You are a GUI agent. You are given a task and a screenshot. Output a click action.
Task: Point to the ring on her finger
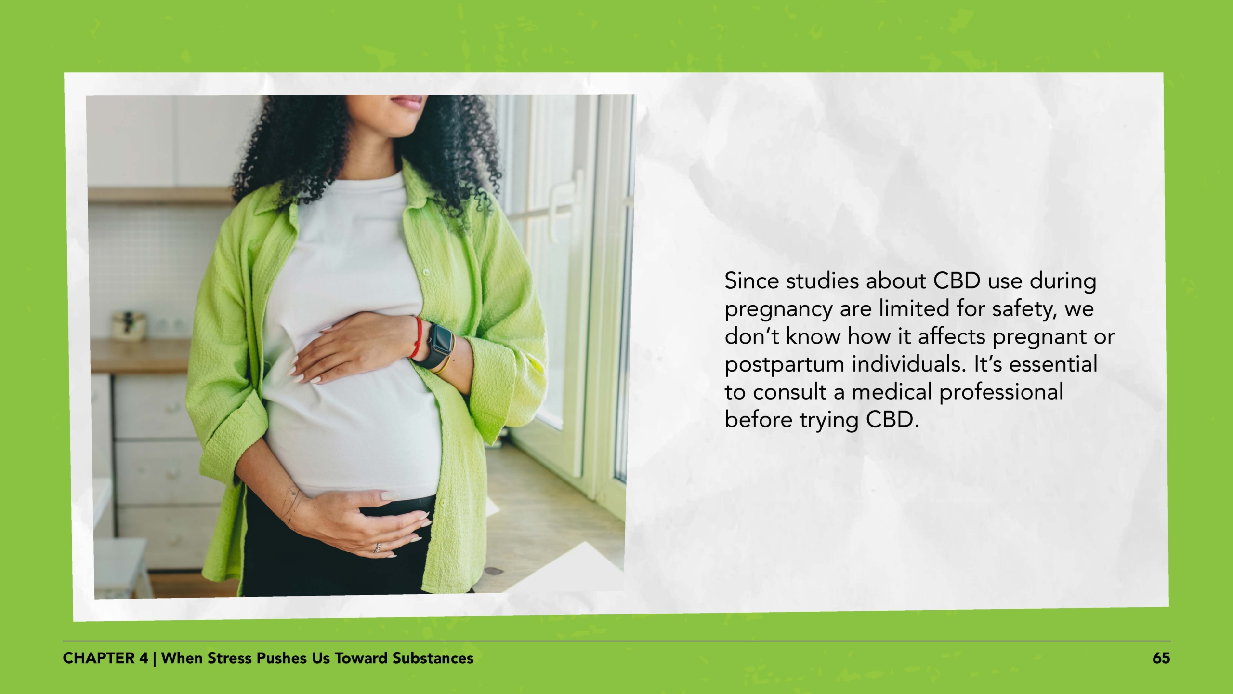tap(378, 547)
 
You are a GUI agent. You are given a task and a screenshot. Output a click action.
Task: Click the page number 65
tap(1161, 658)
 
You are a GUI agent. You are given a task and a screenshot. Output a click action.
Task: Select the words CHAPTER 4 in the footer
tap(105, 658)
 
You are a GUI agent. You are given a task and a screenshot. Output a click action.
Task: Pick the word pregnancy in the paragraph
tap(778, 309)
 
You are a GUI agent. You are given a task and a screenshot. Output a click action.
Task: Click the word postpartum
tap(784, 365)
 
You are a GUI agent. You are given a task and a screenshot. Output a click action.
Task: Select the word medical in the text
tap(892, 392)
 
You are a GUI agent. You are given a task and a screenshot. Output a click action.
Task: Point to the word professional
tap(1001, 392)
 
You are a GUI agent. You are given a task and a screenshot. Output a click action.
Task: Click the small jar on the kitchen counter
tap(129, 325)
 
